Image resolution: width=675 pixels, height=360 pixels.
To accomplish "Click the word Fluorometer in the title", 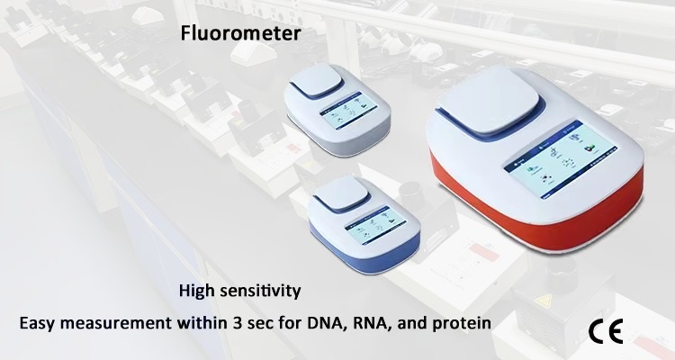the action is click(x=240, y=33).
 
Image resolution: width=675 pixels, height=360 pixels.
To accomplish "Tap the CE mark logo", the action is click(x=606, y=331).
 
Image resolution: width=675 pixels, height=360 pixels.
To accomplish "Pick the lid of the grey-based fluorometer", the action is click(x=318, y=80).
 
